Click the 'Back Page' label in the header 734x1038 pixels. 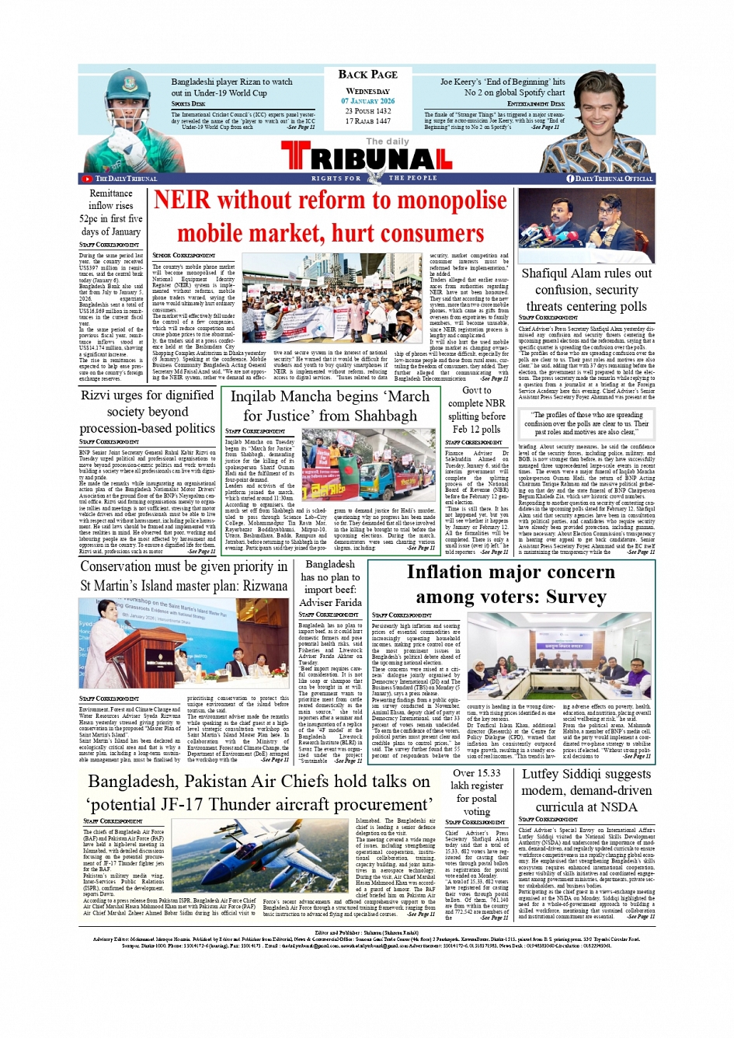[x=367, y=75]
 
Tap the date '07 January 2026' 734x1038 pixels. [x=367, y=101]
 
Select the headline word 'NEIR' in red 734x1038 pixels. [x=182, y=200]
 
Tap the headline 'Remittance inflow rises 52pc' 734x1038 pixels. [x=111, y=212]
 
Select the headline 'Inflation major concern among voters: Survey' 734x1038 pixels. [x=510, y=584]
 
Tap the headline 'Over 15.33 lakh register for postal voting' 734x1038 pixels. [x=476, y=792]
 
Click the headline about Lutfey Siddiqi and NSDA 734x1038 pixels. [x=587, y=790]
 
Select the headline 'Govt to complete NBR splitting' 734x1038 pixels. [x=476, y=409]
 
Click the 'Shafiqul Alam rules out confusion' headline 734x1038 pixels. [x=586, y=289]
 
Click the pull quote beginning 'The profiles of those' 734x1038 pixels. [x=586, y=423]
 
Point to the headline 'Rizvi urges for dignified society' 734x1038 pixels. [x=148, y=411]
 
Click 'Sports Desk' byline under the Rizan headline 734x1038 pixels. [x=189, y=103]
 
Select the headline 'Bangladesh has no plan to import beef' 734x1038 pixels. [x=330, y=583]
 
